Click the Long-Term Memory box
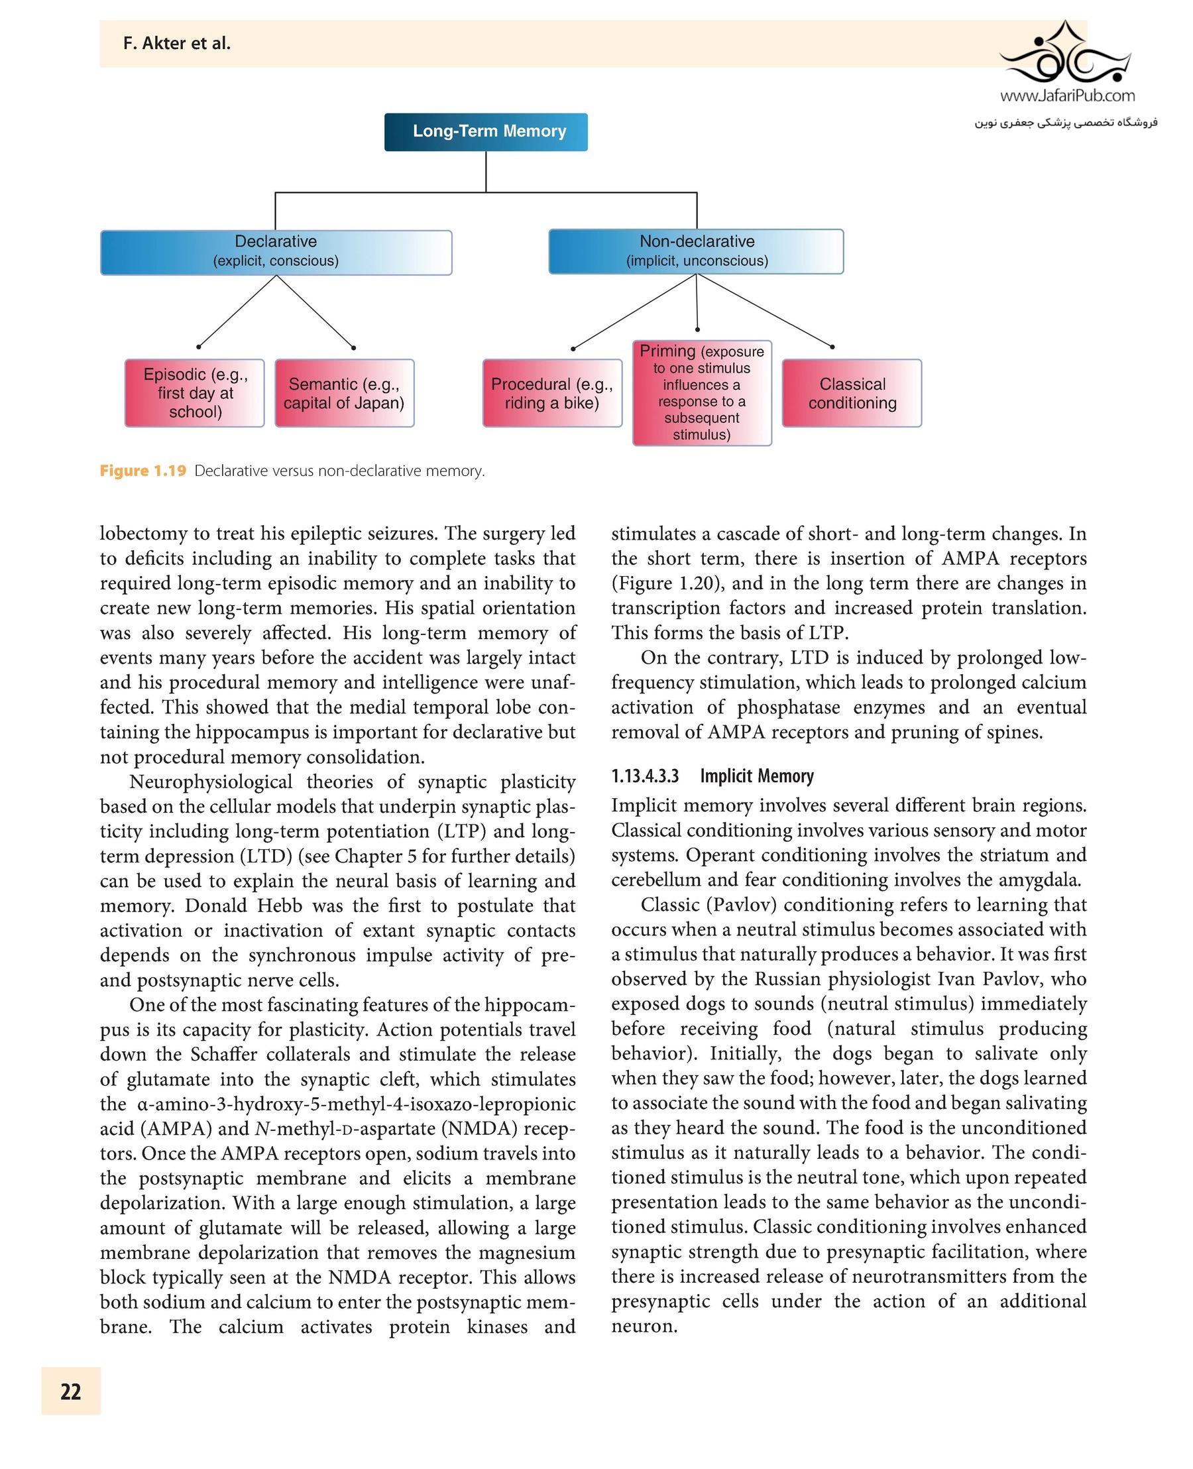(x=486, y=131)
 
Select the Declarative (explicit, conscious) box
(x=276, y=252)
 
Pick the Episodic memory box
(x=194, y=392)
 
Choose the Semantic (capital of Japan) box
(x=344, y=393)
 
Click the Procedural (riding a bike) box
(x=552, y=393)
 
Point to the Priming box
(x=702, y=392)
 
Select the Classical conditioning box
(x=852, y=393)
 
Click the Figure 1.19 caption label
(x=143, y=471)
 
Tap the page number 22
(x=71, y=1391)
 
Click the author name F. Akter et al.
(x=176, y=43)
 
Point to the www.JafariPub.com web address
(x=1066, y=95)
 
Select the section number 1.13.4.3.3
(x=645, y=776)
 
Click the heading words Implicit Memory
(x=757, y=776)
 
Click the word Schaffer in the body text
(x=225, y=1054)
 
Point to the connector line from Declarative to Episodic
(x=237, y=311)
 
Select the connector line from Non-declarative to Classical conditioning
(x=764, y=311)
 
